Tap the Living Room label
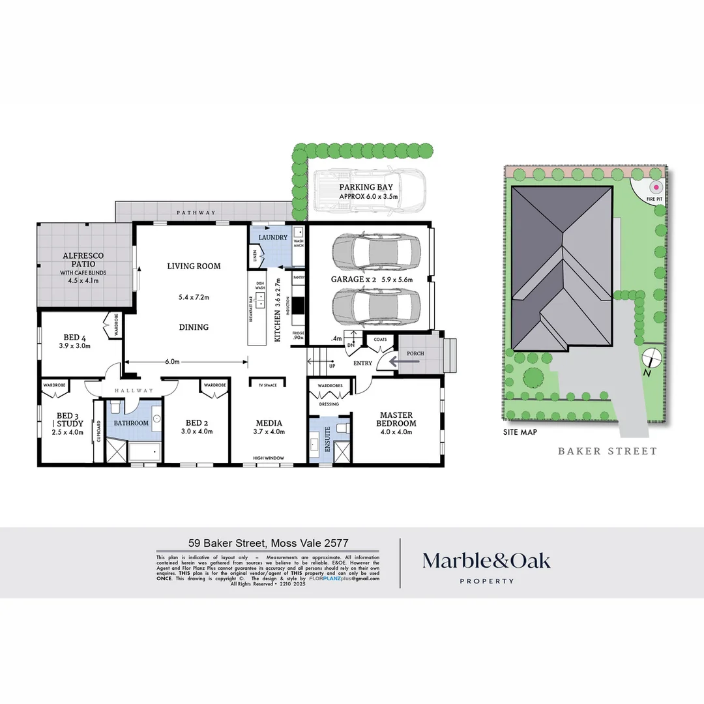point(194,266)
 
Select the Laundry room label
point(272,237)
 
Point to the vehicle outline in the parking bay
point(369,192)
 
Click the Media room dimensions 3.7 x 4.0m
point(269,432)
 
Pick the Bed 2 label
point(196,422)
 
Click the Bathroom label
point(131,423)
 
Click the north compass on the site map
point(651,359)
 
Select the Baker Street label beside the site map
point(608,451)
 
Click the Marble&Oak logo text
point(486,561)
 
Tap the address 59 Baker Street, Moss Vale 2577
point(269,542)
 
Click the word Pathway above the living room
point(196,213)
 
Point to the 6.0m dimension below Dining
point(171,362)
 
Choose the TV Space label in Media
point(268,385)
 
